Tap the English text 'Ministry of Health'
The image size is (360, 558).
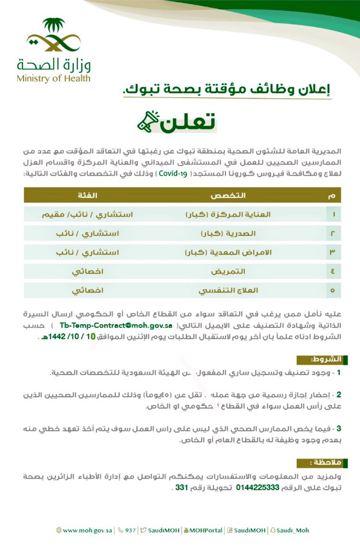coord(53,78)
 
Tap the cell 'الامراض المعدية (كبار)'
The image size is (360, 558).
coord(228,252)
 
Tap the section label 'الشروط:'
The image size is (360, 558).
coord(326,359)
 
